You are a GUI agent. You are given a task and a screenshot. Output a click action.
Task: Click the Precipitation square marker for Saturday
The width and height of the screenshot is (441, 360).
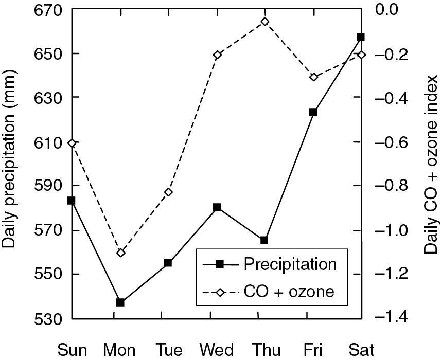click(361, 37)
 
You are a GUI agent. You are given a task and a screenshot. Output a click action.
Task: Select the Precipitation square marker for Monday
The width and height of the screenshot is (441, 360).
click(120, 302)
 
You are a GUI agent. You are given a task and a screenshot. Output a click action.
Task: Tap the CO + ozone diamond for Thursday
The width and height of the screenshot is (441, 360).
click(265, 22)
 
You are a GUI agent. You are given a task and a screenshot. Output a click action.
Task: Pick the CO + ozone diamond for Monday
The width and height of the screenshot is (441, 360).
click(120, 253)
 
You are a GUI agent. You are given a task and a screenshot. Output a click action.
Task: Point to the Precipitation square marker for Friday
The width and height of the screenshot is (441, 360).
click(313, 112)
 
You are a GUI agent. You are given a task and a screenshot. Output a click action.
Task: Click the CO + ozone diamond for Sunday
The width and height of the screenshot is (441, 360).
click(73, 143)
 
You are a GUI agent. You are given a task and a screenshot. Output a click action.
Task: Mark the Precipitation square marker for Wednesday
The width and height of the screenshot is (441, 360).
click(217, 207)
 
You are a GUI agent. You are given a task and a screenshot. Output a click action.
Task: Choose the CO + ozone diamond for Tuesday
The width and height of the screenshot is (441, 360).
click(168, 192)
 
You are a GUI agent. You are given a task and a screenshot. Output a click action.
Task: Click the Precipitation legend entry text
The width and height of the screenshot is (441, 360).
click(290, 264)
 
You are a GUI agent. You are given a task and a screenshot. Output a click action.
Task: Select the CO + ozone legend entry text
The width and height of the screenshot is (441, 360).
click(289, 292)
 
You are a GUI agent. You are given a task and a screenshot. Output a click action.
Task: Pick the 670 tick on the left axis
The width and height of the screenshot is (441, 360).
click(48, 9)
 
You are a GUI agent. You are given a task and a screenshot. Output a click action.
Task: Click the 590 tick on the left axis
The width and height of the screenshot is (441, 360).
click(48, 186)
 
